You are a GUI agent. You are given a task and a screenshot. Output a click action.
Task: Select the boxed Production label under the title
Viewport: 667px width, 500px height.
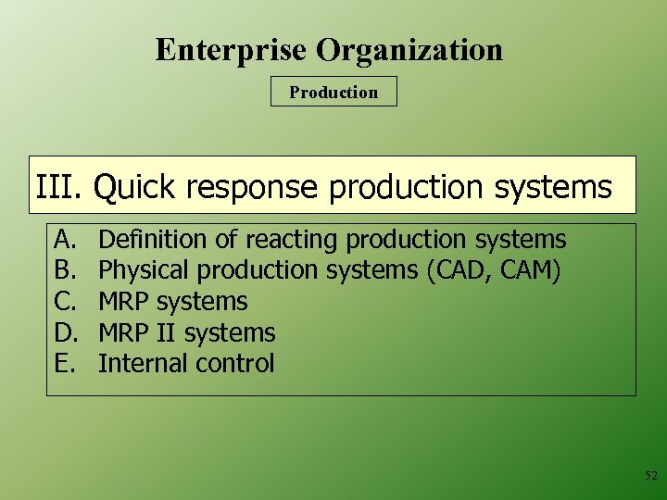coord(333,92)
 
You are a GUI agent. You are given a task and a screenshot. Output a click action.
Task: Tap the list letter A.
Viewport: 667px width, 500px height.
coord(64,240)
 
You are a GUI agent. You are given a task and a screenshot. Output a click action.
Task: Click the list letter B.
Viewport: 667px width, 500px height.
coord(64,270)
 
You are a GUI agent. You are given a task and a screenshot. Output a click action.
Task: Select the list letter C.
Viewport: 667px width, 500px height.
coord(64,302)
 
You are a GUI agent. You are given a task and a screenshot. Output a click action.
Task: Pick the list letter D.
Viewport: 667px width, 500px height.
coord(64,332)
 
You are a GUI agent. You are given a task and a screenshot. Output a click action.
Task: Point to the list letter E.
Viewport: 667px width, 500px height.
coord(64,364)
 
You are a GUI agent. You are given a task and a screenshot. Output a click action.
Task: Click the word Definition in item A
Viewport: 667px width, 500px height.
coord(154,240)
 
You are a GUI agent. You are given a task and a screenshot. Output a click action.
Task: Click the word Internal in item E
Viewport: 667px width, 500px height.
coord(140,364)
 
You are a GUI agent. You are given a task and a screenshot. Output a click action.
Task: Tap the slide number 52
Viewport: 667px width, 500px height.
coord(650,476)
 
